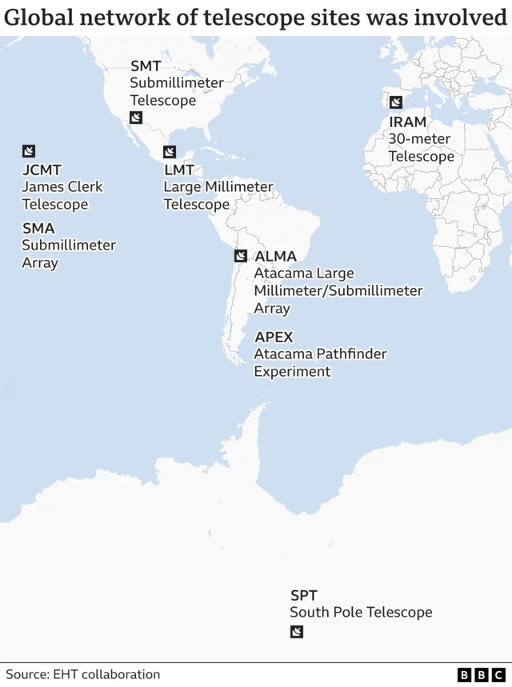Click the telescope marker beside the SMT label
point(136,118)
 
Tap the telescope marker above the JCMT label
point(29,151)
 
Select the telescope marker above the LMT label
point(170,152)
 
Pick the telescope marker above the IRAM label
point(395,102)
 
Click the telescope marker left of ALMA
point(240,256)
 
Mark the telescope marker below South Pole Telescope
point(297,633)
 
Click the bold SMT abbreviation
point(146,66)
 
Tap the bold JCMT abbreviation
point(42,170)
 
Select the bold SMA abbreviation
point(38,229)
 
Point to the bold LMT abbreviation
point(179,170)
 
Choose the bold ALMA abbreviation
point(275,257)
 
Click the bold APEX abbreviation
point(274,337)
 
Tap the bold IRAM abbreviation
point(408,122)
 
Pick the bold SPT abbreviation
point(304,595)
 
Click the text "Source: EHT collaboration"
point(82,675)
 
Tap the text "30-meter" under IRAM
point(419,139)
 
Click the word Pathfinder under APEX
point(347,353)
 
